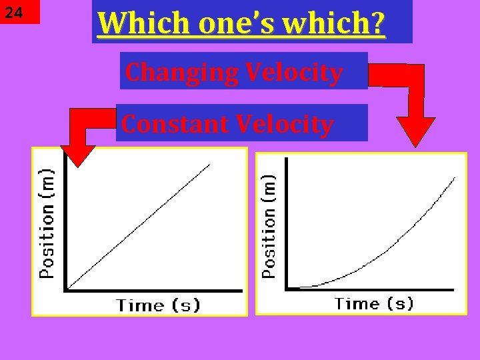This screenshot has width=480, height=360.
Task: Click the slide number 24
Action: [14, 13]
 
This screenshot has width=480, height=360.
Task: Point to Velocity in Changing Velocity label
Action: [293, 72]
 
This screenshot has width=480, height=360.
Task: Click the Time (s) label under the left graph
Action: [158, 305]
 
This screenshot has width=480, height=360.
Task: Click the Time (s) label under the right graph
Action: [374, 304]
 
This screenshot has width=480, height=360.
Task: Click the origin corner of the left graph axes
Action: [65, 289]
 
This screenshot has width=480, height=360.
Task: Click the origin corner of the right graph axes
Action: [287, 288]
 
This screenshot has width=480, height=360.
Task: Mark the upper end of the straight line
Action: [209, 164]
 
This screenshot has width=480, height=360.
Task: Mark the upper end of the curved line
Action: [455, 178]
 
